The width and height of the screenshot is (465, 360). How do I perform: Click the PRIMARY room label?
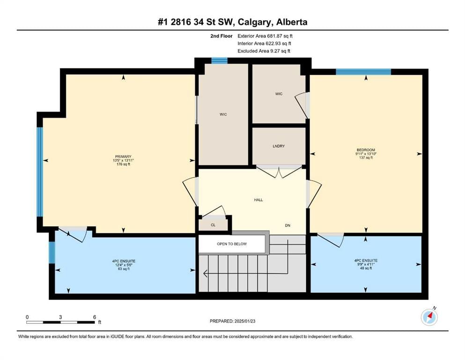pyautogui.click(x=123, y=157)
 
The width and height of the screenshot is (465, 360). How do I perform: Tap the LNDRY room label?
pyautogui.click(x=279, y=146)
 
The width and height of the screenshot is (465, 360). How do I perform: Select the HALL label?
pyautogui.click(x=258, y=200)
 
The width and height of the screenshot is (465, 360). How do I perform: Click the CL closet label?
pyautogui.click(x=213, y=225)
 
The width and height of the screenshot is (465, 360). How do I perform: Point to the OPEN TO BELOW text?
pyautogui.click(x=232, y=244)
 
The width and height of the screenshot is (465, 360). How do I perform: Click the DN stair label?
pyautogui.click(x=288, y=225)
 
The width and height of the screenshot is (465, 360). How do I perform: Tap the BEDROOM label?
pyautogui.click(x=366, y=150)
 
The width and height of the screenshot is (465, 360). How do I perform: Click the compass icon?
pyautogui.click(x=429, y=317)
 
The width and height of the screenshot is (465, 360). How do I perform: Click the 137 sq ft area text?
pyautogui.click(x=366, y=157)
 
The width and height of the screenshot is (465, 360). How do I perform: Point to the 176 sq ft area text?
pyautogui.click(x=123, y=164)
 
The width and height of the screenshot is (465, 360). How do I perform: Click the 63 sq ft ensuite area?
pyautogui.click(x=124, y=269)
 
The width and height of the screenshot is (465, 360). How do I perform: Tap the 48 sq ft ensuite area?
pyautogui.click(x=366, y=268)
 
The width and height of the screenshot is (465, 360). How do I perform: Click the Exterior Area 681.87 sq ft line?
pyautogui.click(x=265, y=36)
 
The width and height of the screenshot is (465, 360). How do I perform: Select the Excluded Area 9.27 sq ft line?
pyautogui.click(x=264, y=51)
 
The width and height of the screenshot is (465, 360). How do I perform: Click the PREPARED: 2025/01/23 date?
pyautogui.click(x=232, y=321)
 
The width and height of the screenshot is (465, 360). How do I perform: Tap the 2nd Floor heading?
pyautogui.click(x=221, y=36)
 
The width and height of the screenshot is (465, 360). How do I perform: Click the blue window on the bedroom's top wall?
pyautogui.click(x=363, y=72)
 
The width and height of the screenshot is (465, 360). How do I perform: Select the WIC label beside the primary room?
pyautogui.click(x=223, y=114)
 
